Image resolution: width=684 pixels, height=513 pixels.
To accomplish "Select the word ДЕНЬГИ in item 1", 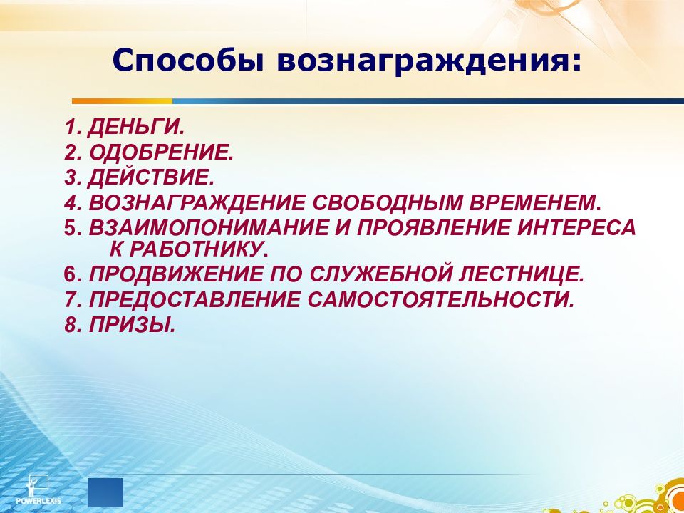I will click(137, 128).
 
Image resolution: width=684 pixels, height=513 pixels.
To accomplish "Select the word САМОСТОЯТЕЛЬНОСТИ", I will click(441, 299).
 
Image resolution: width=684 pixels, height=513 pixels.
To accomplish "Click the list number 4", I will click(70, 202).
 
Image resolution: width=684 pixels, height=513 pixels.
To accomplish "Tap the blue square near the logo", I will click(105, 492).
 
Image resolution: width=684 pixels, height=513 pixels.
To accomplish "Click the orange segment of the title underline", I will click(122, 101).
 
